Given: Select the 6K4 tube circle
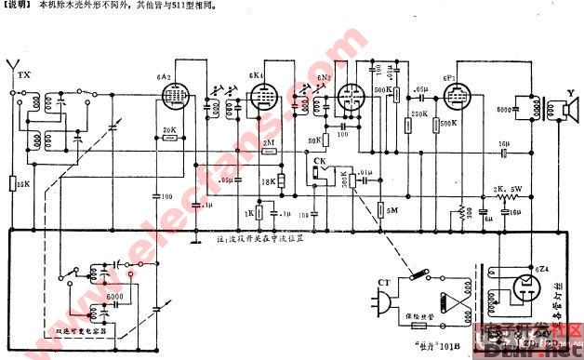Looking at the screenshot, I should point(261,96).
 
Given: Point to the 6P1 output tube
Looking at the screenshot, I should point(457,96).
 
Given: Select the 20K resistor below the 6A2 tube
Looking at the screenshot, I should point(169,138).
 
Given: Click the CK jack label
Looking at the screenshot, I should point(319,160).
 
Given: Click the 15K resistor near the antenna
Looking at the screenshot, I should point(11,183).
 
